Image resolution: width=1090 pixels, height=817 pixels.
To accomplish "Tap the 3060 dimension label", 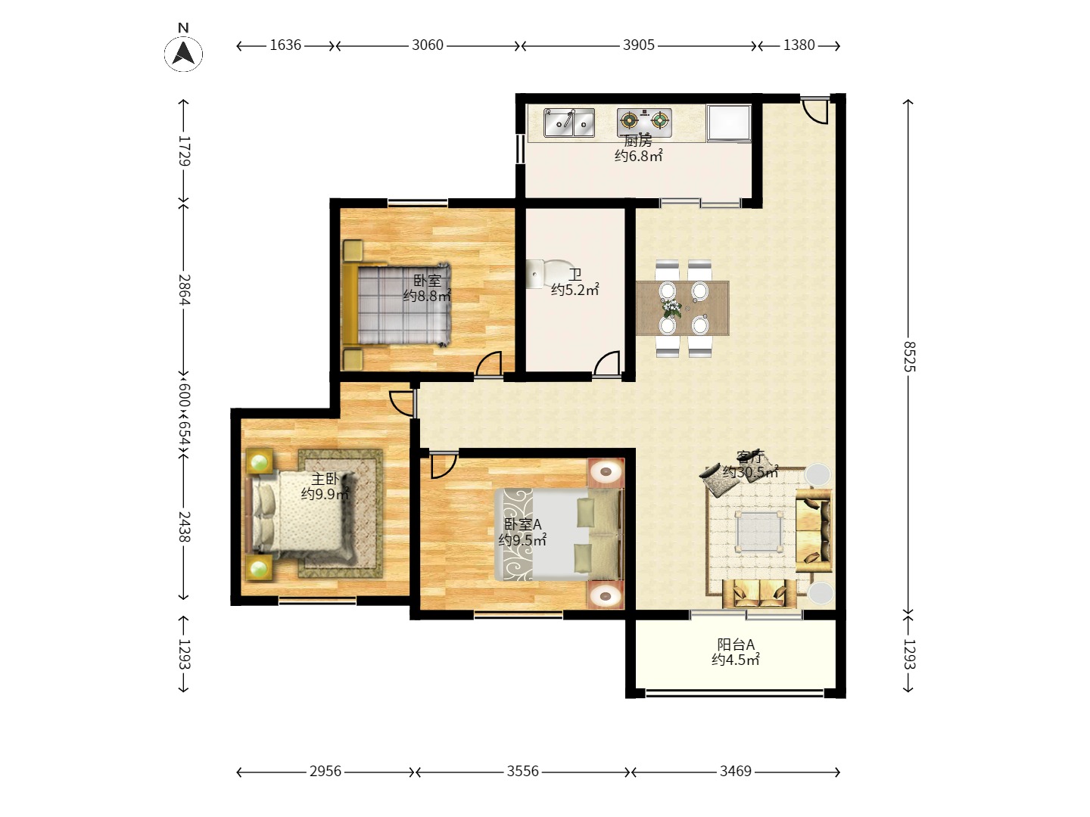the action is pyautogui.click(x=427, y=45).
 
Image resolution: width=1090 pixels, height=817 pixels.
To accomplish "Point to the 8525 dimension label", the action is pyautogui.click(x=908, y=356).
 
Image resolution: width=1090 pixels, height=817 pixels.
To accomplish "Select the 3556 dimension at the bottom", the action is pyautogui.click(x=522, y=771).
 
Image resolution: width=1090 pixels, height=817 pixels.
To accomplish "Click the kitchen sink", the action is pyautogui.click(x=569, y=123).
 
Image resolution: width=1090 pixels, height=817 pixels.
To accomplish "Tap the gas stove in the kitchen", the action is pyautogui.click(x=644, y=122).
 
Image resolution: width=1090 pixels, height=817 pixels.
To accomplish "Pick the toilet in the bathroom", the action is pyautogui.click(x=544, y=274).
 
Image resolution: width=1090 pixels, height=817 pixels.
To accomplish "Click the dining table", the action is pyautogui.click(x=682, y=308).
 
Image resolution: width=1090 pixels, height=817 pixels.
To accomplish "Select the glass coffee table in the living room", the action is pyautogui.click(x=759, y=531).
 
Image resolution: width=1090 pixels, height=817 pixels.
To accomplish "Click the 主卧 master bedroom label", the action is pyautogui.click(x=325, y=479).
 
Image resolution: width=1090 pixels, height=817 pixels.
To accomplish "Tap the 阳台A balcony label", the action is pyautogui.click(x=736, y=645).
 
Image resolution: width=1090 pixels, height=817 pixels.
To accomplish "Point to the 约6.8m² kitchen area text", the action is pyautogui.click(x=638, y=157).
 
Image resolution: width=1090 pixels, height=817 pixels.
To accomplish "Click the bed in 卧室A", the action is pyautogui.click(x=559, y=534).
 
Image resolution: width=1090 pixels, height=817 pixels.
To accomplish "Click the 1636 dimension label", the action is pyautogui.click(x=285, y=45).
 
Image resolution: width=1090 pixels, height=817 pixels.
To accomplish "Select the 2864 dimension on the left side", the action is pyautogui.click(x=184, y=289).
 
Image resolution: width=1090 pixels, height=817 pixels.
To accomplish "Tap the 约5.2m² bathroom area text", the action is pyautogui.click(x=575, y=290).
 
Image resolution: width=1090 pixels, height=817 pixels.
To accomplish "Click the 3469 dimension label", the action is pyautogui.click(x=736, y=771).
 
